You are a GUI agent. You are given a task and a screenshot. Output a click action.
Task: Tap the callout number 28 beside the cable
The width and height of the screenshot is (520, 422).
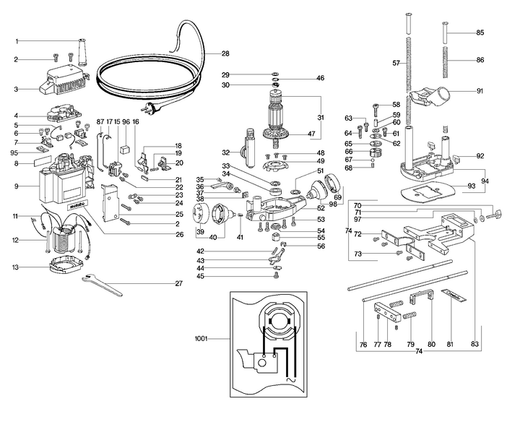225,54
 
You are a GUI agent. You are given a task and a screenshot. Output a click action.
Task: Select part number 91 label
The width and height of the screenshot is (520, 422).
480,91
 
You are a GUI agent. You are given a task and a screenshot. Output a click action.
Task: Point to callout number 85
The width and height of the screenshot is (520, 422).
480,33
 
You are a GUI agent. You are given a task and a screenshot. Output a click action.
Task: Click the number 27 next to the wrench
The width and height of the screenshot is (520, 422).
178,284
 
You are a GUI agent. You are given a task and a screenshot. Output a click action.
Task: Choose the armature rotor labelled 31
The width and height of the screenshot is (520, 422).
279,116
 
